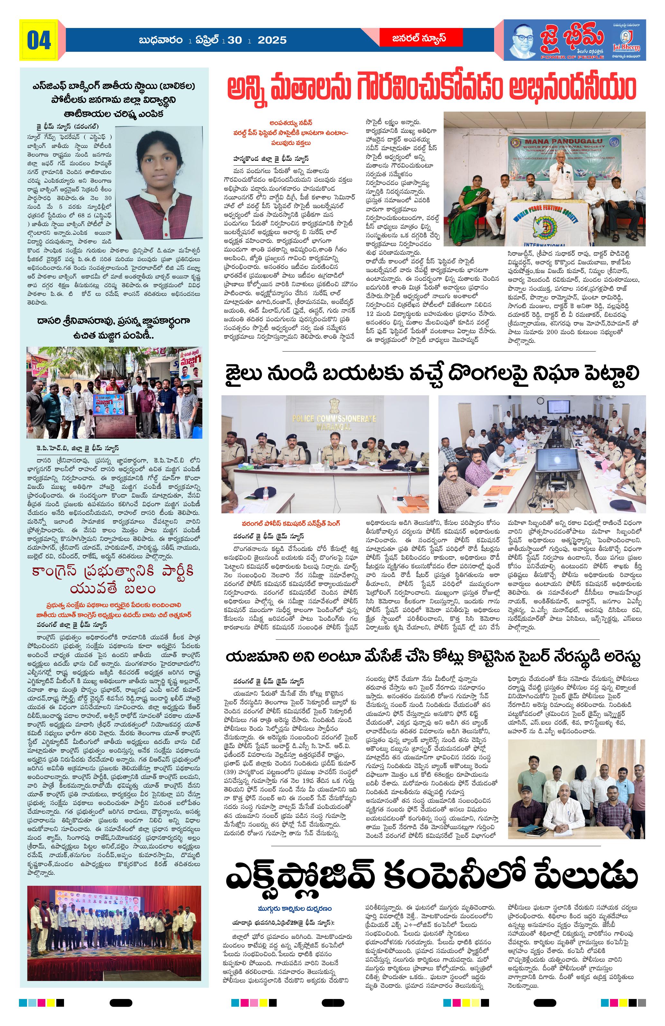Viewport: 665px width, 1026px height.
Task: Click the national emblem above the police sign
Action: click(334, 405)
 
